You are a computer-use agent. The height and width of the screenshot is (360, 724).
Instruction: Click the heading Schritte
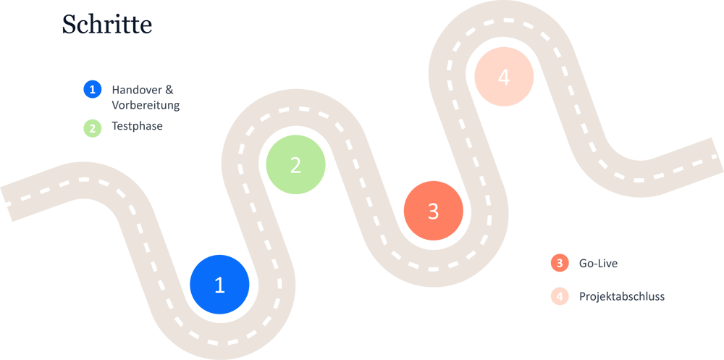[x=107, y=25]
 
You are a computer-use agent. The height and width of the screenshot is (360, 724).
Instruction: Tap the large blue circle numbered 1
[x=220, y=285]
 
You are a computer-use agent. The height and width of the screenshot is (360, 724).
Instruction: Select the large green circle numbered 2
[x=295, y=165]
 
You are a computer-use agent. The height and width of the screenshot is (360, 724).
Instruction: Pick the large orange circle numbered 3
[x=433, y=211]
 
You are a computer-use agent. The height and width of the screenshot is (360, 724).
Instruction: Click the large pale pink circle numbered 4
[x=504, y=77]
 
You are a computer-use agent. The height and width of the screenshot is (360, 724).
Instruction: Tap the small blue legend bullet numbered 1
[x=93, y=90]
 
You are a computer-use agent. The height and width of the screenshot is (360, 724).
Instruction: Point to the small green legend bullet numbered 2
[x=93, y=127]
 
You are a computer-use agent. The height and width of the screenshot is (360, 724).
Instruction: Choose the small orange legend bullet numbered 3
[x=560, y=263]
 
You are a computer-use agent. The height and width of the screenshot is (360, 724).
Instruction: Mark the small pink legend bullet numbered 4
[x=560, y=296]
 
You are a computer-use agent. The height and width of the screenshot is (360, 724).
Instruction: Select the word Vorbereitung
[x=146, y=105]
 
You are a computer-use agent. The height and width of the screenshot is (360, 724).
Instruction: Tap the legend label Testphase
[x=137, y=127]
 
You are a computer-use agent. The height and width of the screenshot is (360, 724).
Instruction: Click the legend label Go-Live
[x=598, y=263]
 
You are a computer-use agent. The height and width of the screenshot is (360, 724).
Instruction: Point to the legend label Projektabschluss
[x=621, y=296]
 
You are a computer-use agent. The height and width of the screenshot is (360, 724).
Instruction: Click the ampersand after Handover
[x=170, y=90]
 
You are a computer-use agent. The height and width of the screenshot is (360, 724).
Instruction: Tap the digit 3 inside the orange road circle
[x=433, y=211]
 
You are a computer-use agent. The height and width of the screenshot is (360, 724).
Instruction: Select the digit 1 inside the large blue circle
[x=220, y=285]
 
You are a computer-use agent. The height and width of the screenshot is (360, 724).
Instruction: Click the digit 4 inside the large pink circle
[x=504, y=77]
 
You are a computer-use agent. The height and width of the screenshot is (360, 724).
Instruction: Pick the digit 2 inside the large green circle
[x=295, y=165]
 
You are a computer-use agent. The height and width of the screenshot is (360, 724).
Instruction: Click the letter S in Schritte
[x=69, y=25]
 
